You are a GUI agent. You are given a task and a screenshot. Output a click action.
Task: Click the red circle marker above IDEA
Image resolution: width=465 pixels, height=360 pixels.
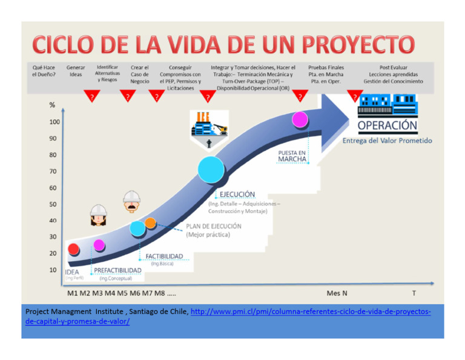[73, 248]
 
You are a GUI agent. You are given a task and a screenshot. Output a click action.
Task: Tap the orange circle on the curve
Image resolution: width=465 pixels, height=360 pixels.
[150, 222]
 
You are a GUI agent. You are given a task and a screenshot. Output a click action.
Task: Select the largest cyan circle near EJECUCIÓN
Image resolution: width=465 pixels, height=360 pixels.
[211, 168]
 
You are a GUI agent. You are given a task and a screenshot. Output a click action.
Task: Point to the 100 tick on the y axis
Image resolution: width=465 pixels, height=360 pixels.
[54, 122]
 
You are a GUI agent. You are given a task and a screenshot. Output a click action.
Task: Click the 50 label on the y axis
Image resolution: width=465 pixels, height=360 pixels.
[53, 204]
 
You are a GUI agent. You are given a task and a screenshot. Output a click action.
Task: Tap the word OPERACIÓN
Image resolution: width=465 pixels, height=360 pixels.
[387, 126]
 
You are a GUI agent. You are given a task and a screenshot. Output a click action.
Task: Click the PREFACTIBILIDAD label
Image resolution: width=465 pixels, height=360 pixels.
[117, 270]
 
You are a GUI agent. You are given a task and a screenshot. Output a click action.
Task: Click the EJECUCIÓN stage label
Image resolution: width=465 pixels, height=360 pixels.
[233, 194]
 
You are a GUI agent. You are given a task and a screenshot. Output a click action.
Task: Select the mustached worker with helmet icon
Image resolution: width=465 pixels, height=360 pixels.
[131, 202]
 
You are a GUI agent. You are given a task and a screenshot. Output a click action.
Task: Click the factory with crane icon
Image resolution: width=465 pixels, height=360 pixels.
[209, 124]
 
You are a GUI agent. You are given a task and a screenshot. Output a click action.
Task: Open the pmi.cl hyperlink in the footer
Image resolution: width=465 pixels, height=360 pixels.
[310, 312]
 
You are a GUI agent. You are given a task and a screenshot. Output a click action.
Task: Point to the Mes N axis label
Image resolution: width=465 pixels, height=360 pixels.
[337, 293]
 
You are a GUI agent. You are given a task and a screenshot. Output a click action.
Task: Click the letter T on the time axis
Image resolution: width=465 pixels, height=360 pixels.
[414, 293]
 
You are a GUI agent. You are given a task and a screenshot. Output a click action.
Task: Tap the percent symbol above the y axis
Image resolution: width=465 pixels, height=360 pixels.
[52, 105]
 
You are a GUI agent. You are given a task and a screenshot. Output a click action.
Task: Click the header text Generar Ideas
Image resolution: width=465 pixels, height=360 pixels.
[75, 70]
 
